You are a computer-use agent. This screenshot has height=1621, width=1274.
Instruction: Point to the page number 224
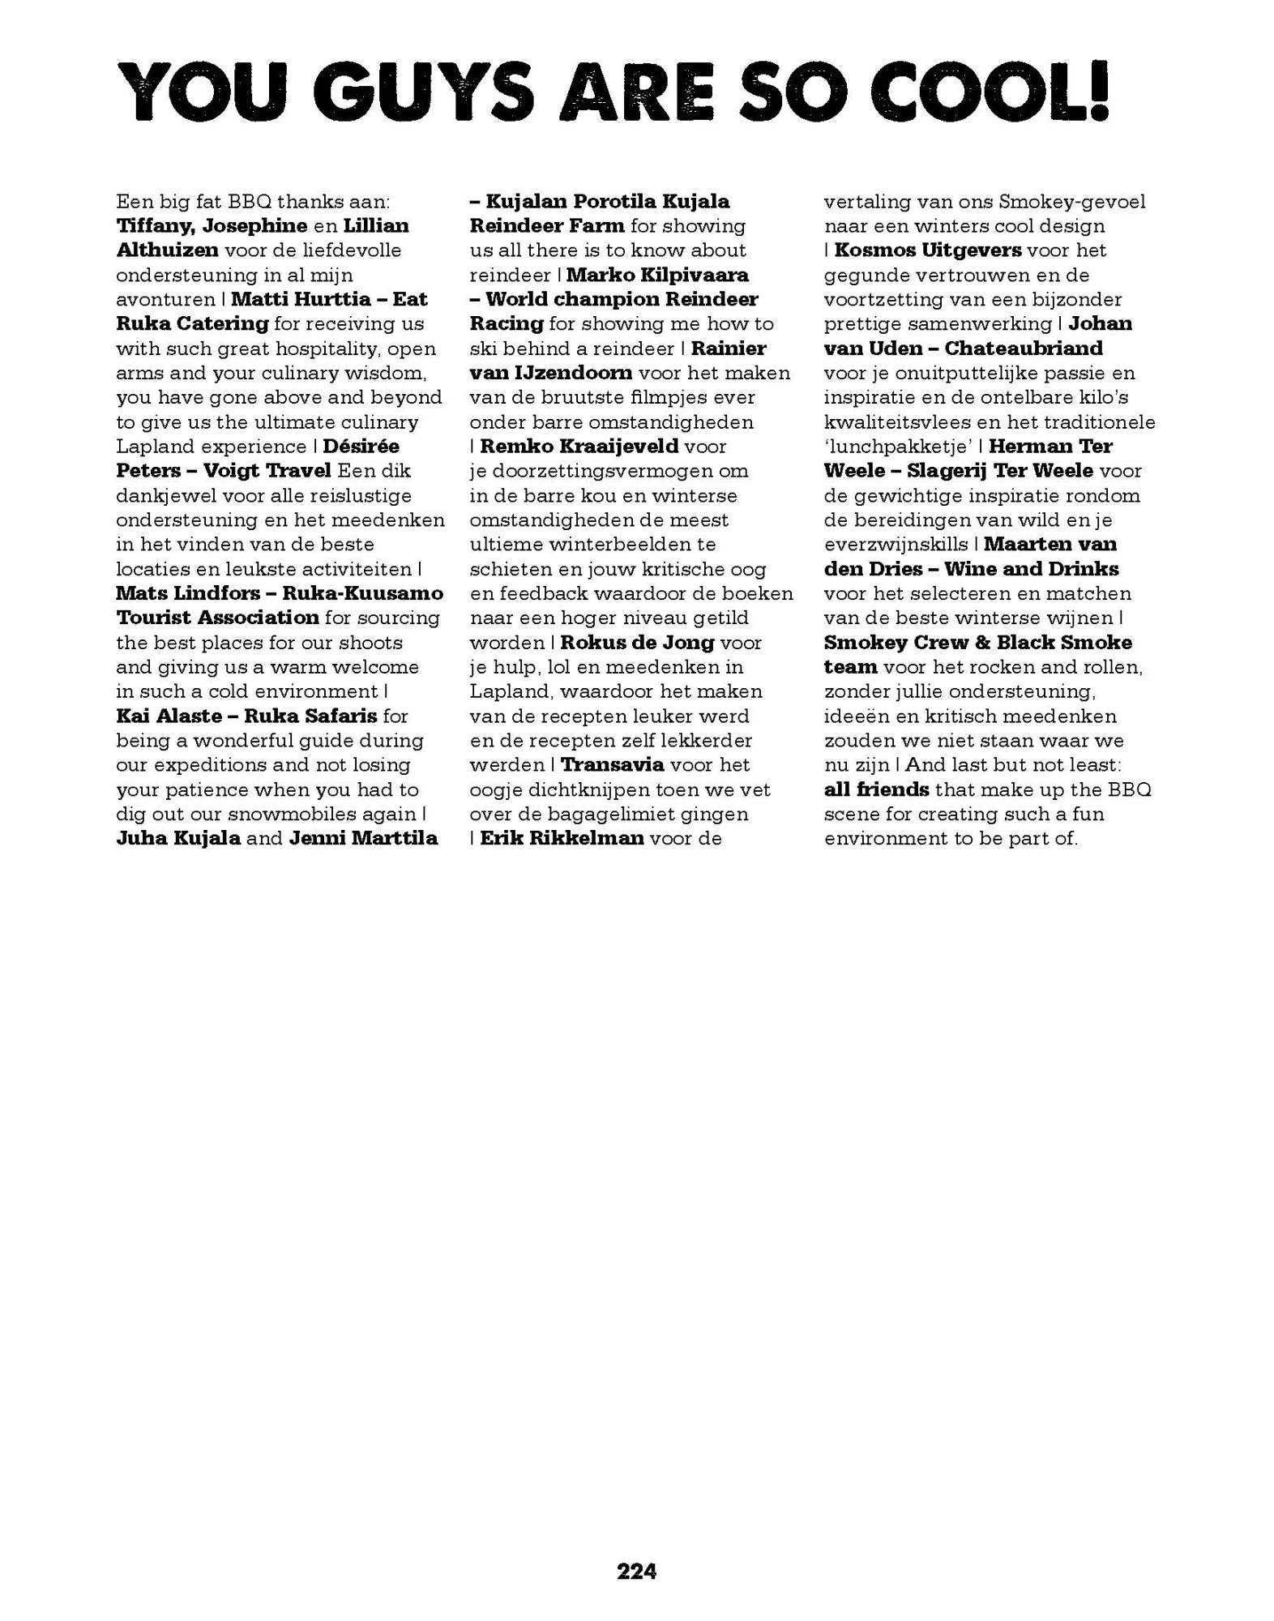pos(636,1572)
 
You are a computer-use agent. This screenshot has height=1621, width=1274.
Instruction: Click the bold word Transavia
pos(612,764)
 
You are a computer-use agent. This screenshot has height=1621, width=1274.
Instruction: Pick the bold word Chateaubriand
pos(1023,349)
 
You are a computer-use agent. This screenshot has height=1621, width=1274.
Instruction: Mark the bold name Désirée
pos(361,446)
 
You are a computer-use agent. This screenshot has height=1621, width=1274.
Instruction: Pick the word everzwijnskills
pos(896,544)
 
